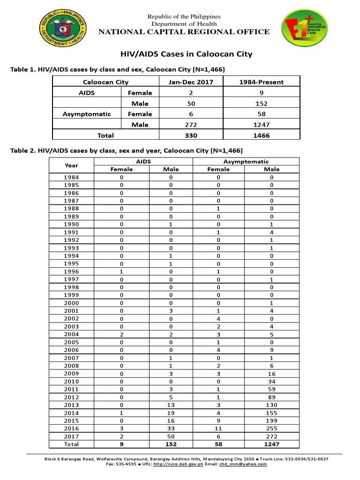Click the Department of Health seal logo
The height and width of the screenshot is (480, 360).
pyautogui.click(x=63, y=30)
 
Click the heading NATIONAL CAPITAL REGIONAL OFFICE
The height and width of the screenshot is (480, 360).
pyautogui.click(x=184, y=32)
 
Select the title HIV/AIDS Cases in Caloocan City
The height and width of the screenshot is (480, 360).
pyautogui.click(x=184, y=54)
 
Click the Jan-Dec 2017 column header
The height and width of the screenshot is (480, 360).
pyautogui.click(x=191, y=82)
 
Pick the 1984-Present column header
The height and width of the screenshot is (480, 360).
pyautogui.click(x=262, y=82)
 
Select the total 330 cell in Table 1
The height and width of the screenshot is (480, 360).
pyautogui.click(x=191, y=135)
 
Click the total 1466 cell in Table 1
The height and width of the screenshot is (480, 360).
pyautogui.click(x=262, y=135)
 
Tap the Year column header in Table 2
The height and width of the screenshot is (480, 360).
pyautogui.click(x=71, y=165)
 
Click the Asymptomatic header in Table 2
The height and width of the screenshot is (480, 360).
pyautogui.click(x=246, y=161)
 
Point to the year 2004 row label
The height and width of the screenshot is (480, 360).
pyautogui.click(x=71, y=334)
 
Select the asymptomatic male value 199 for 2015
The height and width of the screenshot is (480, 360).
pyautogui.click(x=271, y=420)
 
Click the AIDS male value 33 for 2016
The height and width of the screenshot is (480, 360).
pyautogui.click(x=171, y=428)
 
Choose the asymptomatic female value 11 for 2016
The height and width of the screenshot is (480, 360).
pyautogui.click(x=218, y=428)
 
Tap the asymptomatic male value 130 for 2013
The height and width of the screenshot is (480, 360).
pyautogui.click(x=271, y=405)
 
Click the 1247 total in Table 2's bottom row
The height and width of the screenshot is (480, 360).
pyautogui.click(x=271, y=444)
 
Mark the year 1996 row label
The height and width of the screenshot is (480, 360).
pyautogui.click(x=71, y=271)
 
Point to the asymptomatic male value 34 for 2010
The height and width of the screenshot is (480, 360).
pyautogui.click(x=271, y=382)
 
